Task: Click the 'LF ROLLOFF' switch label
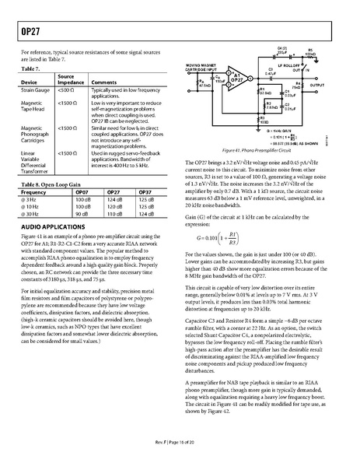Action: tap(291, 66)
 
